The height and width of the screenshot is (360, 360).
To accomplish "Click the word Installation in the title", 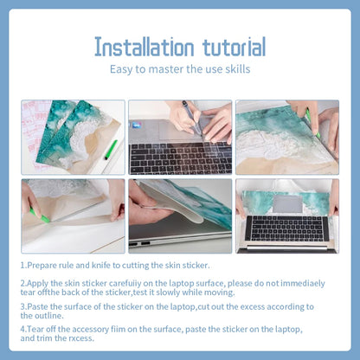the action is [145, 47].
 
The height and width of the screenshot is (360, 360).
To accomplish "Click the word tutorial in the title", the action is [234, 47].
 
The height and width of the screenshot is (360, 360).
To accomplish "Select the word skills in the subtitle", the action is [238, 69].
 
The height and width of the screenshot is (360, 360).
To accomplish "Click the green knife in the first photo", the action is [111, 150].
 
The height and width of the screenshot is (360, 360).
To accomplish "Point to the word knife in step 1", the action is [101, 265].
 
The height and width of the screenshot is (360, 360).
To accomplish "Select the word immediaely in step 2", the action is [303, 283].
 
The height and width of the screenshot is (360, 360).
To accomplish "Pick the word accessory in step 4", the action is [90, 330].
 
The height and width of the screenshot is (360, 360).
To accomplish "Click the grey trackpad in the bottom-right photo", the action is [287, 204].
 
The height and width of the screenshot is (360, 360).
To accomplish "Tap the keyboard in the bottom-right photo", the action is [286, 228].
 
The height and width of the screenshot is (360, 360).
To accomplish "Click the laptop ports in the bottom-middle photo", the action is [141, 244].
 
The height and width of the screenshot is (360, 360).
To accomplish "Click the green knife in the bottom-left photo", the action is [40, 216].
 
